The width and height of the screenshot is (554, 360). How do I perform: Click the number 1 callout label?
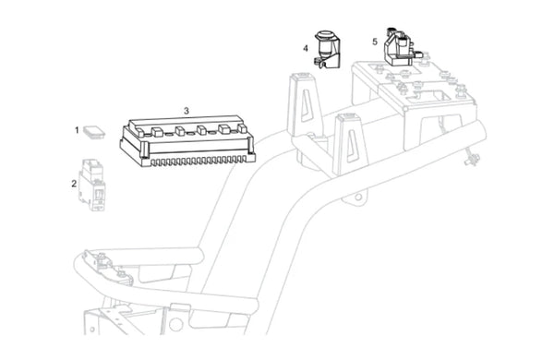coord(77,130)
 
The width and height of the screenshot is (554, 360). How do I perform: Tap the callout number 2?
coord(74,184)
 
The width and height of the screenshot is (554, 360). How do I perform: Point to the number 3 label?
coord(187,111)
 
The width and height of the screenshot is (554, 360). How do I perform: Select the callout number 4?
coord(306,48)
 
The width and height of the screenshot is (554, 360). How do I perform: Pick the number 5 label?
coord(375,42)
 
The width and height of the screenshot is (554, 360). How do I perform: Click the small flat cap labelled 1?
coord(94,132)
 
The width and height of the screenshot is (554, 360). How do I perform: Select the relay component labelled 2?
coord(92,185)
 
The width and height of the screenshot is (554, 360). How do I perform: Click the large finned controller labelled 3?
coord(187,140)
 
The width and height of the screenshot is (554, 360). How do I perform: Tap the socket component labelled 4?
coord(327,49)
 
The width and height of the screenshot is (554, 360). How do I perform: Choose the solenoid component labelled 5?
coord(403,46)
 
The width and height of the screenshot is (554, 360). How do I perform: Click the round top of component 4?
coord(324,35)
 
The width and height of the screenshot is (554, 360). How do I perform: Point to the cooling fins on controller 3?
coord(198,162)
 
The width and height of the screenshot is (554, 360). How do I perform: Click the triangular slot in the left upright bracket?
coord(306,104)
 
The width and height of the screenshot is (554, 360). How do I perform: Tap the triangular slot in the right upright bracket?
coord(353,145)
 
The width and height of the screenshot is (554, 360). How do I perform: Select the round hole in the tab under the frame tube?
coord(358,197)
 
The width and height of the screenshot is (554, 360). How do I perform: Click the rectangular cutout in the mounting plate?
coord(428,95)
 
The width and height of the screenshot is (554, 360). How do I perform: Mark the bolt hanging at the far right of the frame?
coord(472,158)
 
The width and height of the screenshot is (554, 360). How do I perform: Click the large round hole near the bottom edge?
coord(175,324)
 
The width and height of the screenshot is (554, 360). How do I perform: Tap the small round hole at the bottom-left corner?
coord(92,330)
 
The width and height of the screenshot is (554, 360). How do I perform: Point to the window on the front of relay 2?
coord(100,194)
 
